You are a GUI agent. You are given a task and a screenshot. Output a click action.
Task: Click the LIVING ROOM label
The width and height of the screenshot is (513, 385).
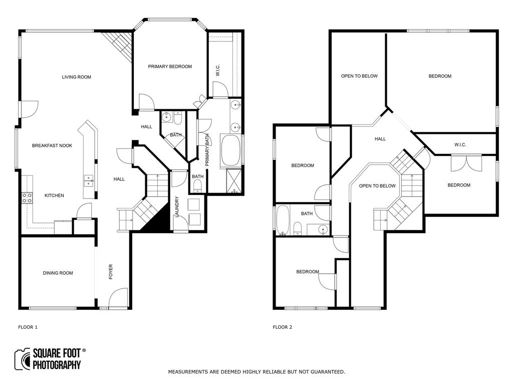point(76,77)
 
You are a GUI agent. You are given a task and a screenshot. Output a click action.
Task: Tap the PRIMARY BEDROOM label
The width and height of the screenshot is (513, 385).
point(170,67)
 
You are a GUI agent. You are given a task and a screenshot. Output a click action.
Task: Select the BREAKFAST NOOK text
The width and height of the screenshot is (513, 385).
point(52,146)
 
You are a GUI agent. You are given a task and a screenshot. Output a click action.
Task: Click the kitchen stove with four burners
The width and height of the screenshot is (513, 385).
point(27,198)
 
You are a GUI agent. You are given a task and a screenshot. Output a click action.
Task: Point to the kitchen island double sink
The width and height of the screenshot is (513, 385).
point(88,180)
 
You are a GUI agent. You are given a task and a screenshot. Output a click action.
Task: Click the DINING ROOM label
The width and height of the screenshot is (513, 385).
point(58,273)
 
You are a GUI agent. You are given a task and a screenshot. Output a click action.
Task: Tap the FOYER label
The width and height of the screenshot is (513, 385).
point(111,272)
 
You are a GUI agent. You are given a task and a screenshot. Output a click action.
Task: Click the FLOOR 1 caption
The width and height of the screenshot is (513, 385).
point(28,327)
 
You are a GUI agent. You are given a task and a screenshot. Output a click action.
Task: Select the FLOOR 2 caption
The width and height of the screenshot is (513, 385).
point(282,327)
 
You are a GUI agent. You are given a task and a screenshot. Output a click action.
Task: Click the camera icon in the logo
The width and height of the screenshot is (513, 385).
point(23,359)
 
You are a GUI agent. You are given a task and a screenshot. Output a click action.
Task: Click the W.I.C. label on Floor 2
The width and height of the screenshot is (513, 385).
point(460,145)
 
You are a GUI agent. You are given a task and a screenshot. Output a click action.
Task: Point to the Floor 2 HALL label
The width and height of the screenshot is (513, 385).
point(380,139)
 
